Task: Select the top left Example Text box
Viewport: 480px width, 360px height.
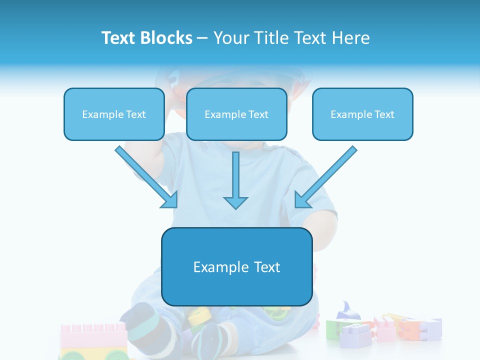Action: [x=114, y=114]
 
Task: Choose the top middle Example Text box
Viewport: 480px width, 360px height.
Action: [x=236, y=114]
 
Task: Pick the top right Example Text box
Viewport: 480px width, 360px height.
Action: [x=362, y=114]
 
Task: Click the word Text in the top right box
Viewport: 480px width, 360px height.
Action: [x=384, y=114]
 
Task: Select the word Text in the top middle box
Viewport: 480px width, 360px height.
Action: [x=258, y=114]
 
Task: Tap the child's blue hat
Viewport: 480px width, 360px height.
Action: [x=230, y=75]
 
